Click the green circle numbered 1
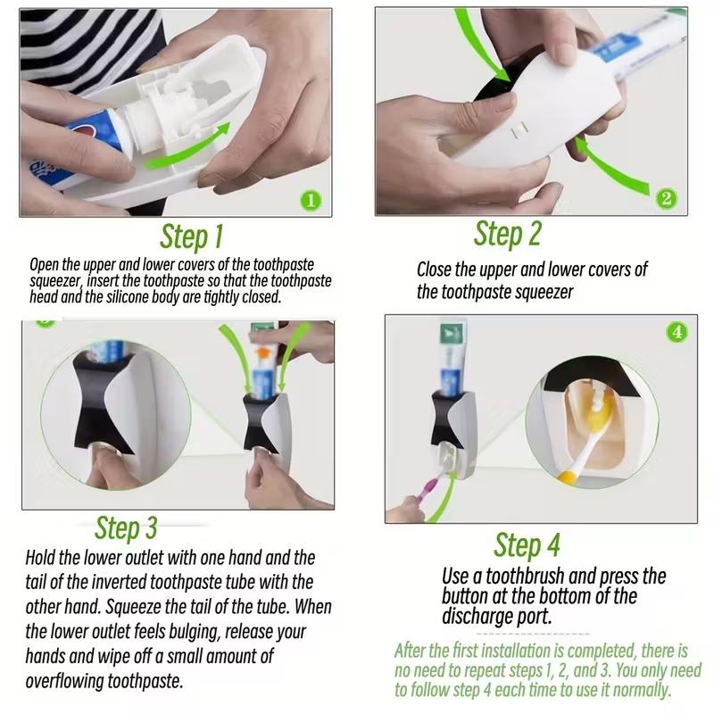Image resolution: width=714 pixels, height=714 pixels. [x=311, y=200]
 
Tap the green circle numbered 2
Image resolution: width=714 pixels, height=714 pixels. [x=667, y=198]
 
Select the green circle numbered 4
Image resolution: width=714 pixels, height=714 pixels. [x=677, y=332]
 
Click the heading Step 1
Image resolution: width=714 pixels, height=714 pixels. [x=192, y=237]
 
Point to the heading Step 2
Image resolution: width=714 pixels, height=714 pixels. [x=508, y=234]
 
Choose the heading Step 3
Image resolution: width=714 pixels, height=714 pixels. [x=126, y=528]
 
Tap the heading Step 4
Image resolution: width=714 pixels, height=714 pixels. [x=527, y=544]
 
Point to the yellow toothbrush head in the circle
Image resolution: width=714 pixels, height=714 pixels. [x=599, y=413]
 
